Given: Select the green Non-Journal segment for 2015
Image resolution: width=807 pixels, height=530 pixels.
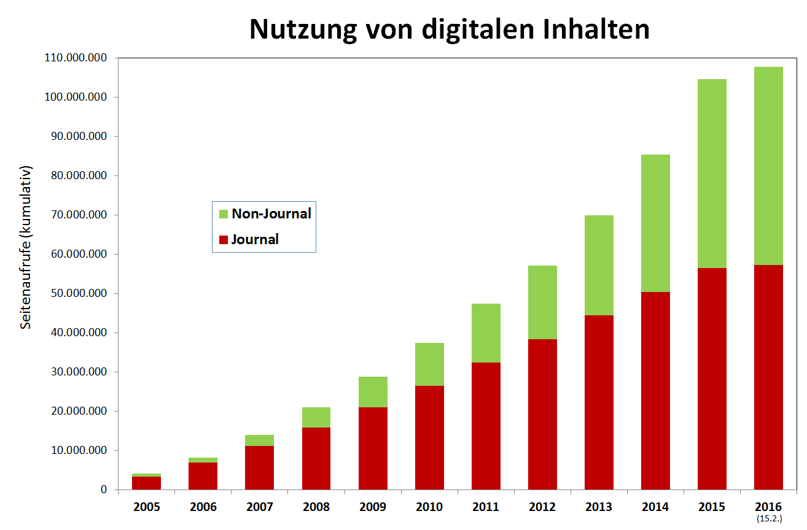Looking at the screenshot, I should click(x=712, y=174).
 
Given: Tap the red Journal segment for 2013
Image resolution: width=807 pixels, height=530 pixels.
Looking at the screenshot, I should click(x=599, y=402).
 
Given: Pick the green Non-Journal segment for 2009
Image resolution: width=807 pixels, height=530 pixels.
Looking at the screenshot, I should click(x=373, y=392).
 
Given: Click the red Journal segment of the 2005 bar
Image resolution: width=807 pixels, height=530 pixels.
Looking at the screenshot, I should click(x=146, y=483).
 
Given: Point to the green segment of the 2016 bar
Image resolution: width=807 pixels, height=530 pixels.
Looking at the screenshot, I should click(x=768, y=166).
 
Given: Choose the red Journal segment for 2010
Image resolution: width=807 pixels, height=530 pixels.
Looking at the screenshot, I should click(x=429, y=437).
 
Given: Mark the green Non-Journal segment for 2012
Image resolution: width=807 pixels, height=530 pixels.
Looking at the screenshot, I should click(x=542, y=302).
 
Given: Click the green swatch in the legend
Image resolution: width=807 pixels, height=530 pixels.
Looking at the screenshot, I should click(x=224, y=214).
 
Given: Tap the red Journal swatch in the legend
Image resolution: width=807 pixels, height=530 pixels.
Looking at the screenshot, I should click(x=224, y=240).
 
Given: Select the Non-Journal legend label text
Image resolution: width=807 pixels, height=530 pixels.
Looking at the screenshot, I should click(x=271, y=214).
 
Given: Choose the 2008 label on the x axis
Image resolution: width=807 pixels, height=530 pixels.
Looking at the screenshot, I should click(x=316, y=507).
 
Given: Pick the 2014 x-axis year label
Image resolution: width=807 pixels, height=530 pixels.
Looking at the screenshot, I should click(x=655, y=507).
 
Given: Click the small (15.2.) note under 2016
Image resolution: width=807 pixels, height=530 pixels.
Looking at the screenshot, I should click(x=769, y=519).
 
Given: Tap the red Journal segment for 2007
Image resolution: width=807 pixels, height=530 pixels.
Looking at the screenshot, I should click(x=259, y=467).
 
